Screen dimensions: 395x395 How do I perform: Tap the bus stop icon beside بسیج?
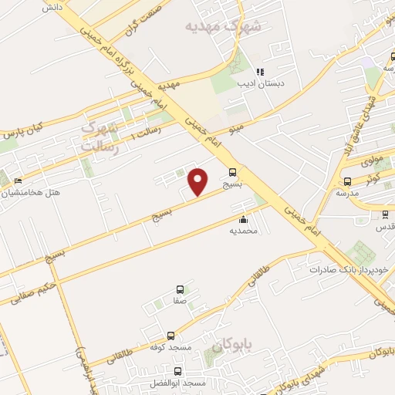click(233, 173)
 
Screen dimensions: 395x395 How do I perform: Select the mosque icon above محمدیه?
click(244, 219)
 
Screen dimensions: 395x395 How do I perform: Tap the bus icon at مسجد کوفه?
click(170, 336)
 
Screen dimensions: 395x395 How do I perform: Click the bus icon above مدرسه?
click(347, 181)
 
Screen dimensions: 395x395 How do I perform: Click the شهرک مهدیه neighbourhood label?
click(224, 26)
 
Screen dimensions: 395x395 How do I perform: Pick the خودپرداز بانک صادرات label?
click(352, 270)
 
